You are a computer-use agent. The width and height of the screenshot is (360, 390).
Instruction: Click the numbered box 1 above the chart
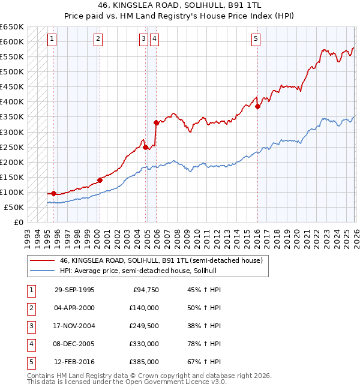(52, 40)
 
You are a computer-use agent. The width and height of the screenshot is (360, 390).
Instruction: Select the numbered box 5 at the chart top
(256, 40)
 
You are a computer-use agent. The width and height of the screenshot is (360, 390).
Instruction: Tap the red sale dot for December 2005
(156, 122)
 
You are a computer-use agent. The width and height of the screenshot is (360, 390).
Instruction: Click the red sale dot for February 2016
(257, 106)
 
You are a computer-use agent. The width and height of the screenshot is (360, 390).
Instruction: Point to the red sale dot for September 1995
(54, 193)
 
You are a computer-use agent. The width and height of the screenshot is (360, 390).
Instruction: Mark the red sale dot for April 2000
(100, 179)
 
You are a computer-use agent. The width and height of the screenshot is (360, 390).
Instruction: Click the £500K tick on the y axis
(12, 71)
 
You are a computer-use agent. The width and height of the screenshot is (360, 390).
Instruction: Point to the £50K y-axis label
(14, 207)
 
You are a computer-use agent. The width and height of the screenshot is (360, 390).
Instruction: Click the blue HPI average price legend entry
(137, 271)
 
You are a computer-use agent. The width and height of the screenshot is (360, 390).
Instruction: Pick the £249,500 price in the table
(143, 326)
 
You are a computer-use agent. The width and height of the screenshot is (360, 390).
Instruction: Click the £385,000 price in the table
(143, 362)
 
